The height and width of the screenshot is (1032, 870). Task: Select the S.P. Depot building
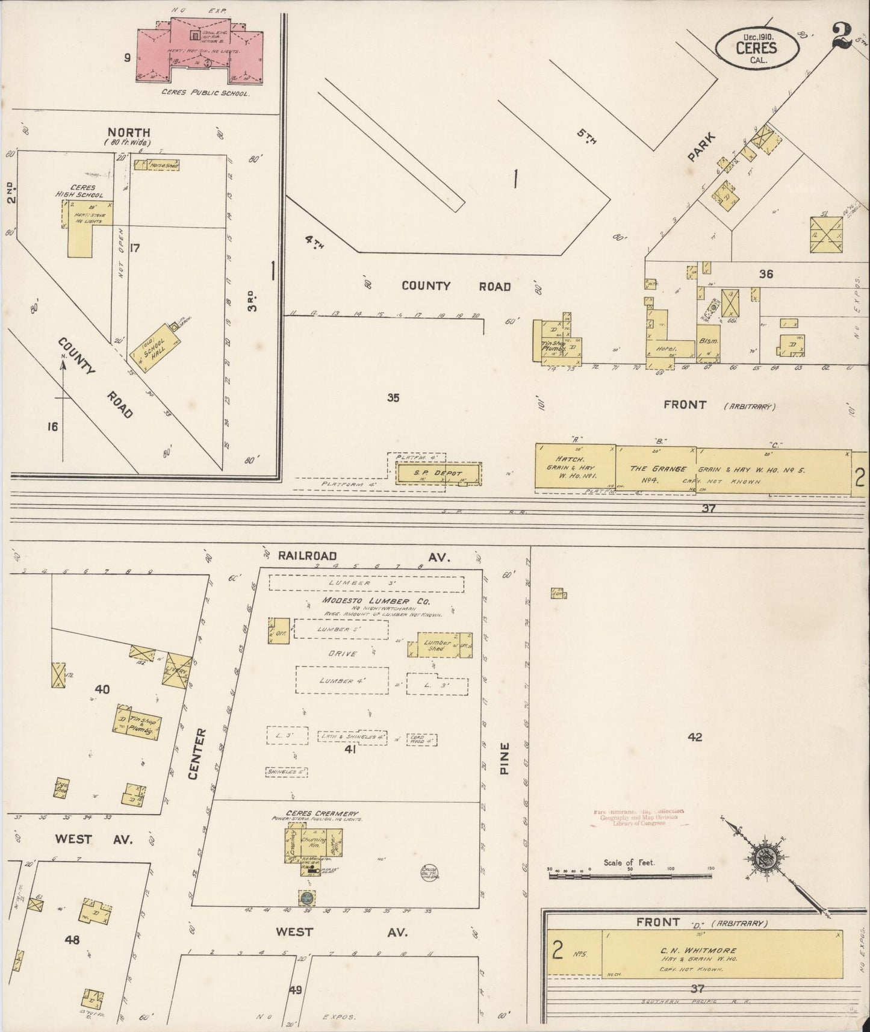pos(438,473)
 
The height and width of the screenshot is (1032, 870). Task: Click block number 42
pos(695,737)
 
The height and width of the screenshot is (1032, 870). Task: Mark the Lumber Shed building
pos(438,645)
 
